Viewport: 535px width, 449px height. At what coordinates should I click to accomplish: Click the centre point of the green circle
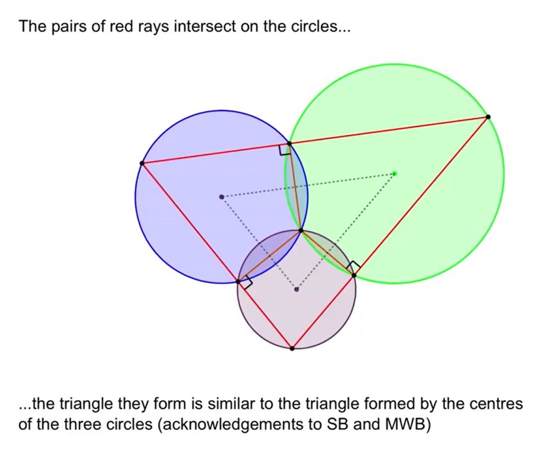click(x=394, y=173)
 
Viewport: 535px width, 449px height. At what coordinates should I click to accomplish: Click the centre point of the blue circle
click(x=222, y=197)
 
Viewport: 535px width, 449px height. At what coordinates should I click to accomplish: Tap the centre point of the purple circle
click(x=297, y=289)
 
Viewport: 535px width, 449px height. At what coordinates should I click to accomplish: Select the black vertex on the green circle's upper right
click(x=488, y=117)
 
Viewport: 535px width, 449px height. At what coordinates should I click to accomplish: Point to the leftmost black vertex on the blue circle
click(x=141, y=163)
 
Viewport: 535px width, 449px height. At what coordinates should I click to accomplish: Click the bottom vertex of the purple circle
click(x=292, y=348)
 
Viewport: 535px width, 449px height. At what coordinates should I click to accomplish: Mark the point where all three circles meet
click(x=301, y=230)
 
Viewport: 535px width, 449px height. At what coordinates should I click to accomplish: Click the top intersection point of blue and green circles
click(x=289, y=144)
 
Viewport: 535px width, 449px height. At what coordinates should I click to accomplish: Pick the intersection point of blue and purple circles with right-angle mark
click(x=239, y=281)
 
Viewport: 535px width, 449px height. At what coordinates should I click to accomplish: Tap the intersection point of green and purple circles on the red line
click(x=354, y=275)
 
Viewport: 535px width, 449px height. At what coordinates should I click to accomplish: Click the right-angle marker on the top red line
click(x=285, y=151)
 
